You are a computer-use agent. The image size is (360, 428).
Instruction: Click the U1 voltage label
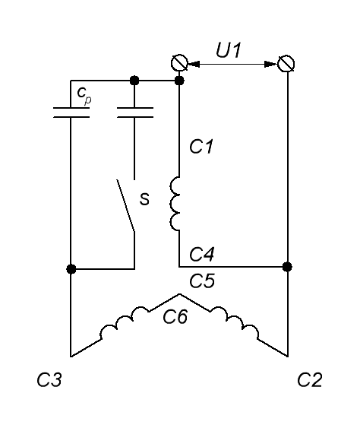(x=229, y=50)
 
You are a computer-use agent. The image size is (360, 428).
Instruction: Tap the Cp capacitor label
(x=84, y=95)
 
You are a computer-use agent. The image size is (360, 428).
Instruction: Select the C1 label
(x=201, y=147)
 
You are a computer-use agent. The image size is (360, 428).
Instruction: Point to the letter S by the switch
(x=144, y=199)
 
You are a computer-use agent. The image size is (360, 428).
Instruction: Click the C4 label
(x=202, y=254)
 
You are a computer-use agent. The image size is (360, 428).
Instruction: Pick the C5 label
(x=202, y=281)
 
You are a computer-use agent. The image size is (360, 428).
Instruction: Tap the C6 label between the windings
(x=175, y=317)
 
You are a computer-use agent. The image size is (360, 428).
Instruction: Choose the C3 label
(x=49, y=379)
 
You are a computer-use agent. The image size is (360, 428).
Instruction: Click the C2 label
(x=310, y=379)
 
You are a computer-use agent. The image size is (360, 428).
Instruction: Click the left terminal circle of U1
(x=179, y=63)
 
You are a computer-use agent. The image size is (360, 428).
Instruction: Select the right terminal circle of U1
(x=286, y=64)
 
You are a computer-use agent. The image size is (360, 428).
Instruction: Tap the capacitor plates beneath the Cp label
(x=71, y=113)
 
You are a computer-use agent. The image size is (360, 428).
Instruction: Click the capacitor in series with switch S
(x=134, y=113)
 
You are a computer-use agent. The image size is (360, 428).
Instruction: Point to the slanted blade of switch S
(x=125, y=205)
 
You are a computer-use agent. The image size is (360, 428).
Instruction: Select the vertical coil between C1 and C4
(x=175, y=204)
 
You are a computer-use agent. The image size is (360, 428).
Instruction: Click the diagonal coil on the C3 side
(x=125, y=322)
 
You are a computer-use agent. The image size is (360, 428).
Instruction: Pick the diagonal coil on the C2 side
(x=234, y=322)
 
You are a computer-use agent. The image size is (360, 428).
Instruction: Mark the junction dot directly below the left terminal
(x=179, y=81)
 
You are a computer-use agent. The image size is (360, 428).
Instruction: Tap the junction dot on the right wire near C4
(x=287, y=267)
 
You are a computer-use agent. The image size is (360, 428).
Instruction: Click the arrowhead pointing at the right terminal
(x=271, y=64)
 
